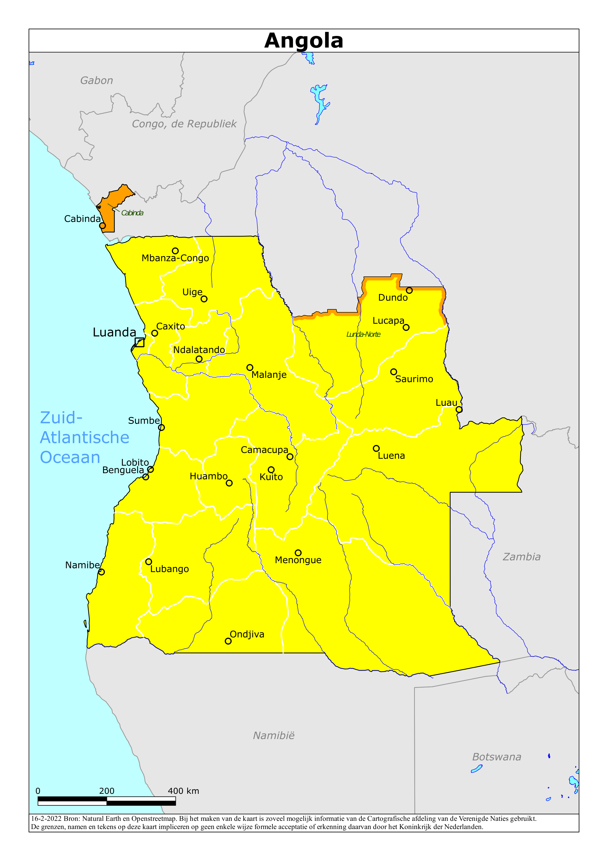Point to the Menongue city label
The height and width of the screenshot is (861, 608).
[x=298, y=560]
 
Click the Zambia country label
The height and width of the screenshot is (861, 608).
[x=522, y=557]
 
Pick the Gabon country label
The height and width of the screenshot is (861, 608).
[x=96, y=81]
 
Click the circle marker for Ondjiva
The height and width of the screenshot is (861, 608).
[x=228, y=641]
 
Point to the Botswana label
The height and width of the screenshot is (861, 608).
[x=496, y=757]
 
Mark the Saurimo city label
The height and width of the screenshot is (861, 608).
[x=414, y=379]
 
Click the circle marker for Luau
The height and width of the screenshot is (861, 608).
[x=459, y=409]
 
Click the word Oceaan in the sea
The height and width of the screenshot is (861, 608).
[x=70, y=458]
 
